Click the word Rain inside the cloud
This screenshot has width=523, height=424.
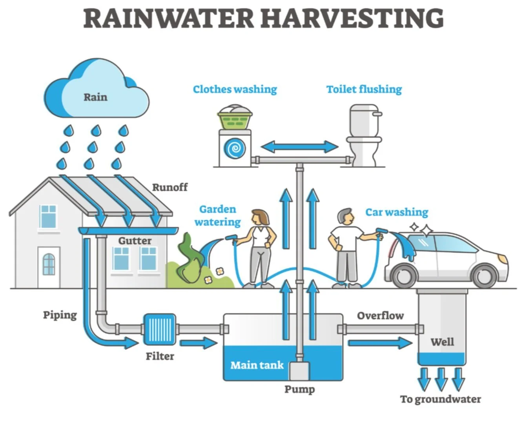tap(95, 97)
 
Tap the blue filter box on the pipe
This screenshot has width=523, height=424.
tap(159, 329)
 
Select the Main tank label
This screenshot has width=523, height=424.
tap(257, 366)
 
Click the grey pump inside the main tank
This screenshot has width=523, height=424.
tap(299, 371)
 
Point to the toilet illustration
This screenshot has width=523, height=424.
tap(364, 135)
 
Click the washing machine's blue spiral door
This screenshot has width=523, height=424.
tap(235, 148)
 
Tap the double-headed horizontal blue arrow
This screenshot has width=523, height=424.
tap(299, 147)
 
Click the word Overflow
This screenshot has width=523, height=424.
tap(380, 316)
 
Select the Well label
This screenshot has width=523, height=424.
tap(442, 342)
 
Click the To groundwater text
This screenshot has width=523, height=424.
tap(440, 399)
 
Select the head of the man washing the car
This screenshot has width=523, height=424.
tap(345, 217)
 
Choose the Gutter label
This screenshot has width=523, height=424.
tap(135, 241)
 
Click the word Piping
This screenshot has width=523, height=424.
tap(60, 315)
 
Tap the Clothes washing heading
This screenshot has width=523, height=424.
tap(235, 90)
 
